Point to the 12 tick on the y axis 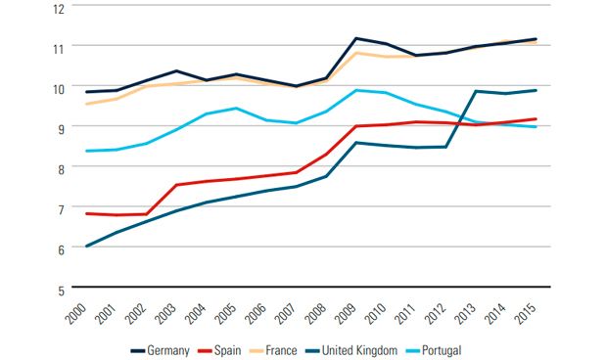coord(58,8)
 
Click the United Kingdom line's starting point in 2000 coord(87,246)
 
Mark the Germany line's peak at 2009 coord(355,38)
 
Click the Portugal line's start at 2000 coord(87,151)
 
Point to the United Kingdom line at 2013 coord(476,91)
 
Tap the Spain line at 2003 coord(176,185)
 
